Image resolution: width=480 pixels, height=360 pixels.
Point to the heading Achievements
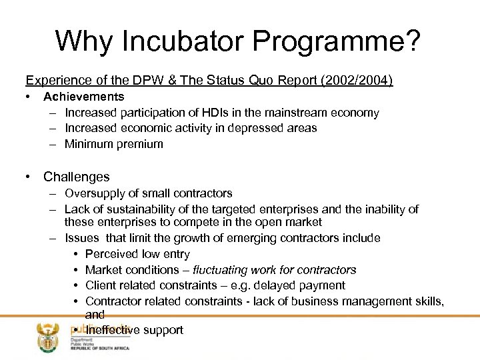coord(83,97)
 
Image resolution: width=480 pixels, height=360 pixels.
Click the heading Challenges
coord(76,177)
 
